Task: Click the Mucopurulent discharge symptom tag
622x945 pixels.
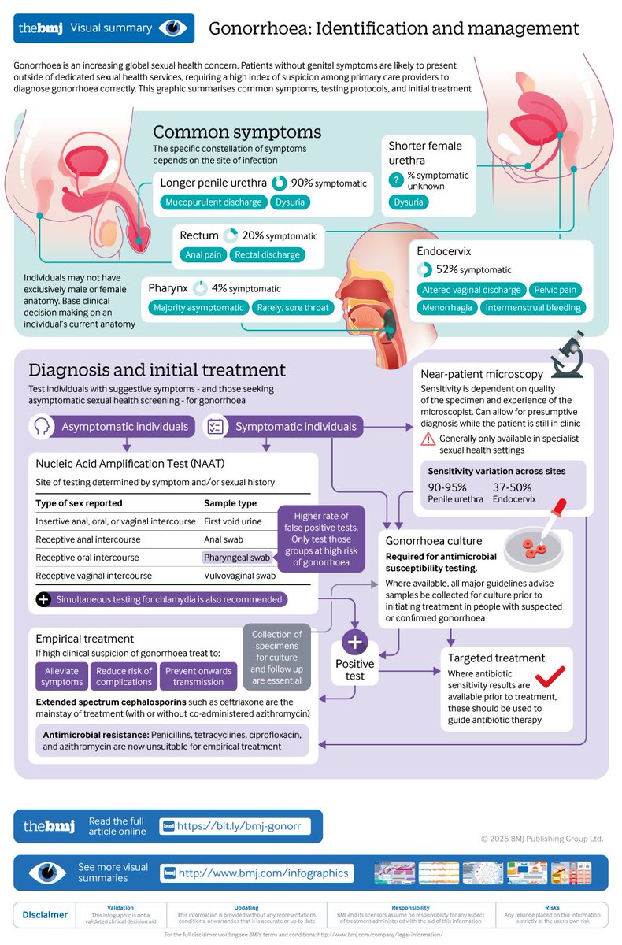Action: [x=213, y=202]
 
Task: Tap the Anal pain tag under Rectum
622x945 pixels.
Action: [x=204, y=254]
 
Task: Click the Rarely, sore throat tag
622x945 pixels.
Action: [x=292, y=308]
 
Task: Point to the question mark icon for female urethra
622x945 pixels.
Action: [x=396, y=180]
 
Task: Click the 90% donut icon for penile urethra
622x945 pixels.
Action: [x=279, y=183]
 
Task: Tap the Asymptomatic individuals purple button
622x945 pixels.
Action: [x=113, y=427]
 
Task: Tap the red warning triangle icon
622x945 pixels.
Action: [x=428, y=439]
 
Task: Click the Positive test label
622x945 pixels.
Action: [x=355, y=670]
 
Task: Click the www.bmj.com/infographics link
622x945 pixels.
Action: [x=264, y=873]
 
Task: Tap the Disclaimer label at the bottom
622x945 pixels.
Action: [x=44, y=915]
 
